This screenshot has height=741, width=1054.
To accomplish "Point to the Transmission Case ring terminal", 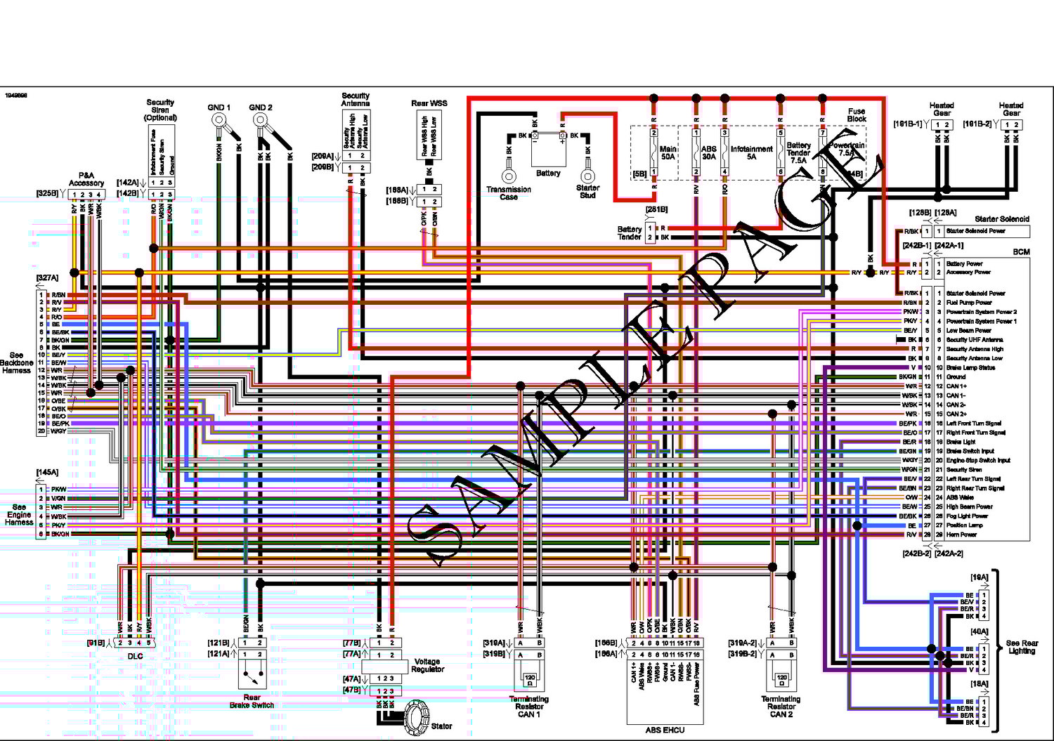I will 509,176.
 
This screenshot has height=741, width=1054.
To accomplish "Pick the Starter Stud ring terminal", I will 587,176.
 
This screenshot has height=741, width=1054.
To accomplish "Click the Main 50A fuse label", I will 668,152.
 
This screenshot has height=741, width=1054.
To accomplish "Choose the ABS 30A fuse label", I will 709,152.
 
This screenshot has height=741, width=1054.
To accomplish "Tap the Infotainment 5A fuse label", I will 751,152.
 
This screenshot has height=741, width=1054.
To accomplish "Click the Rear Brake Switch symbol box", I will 252,672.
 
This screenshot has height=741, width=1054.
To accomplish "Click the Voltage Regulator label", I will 427,665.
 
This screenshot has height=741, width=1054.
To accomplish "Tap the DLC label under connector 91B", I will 135,656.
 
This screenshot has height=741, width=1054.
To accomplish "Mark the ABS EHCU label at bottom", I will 665,730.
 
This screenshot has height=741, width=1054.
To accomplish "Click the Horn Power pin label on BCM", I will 961,535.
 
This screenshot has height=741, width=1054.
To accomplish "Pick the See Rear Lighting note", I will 1022,647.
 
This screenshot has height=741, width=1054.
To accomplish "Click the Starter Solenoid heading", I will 1001,219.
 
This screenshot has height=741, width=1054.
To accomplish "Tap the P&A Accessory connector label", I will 86,179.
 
